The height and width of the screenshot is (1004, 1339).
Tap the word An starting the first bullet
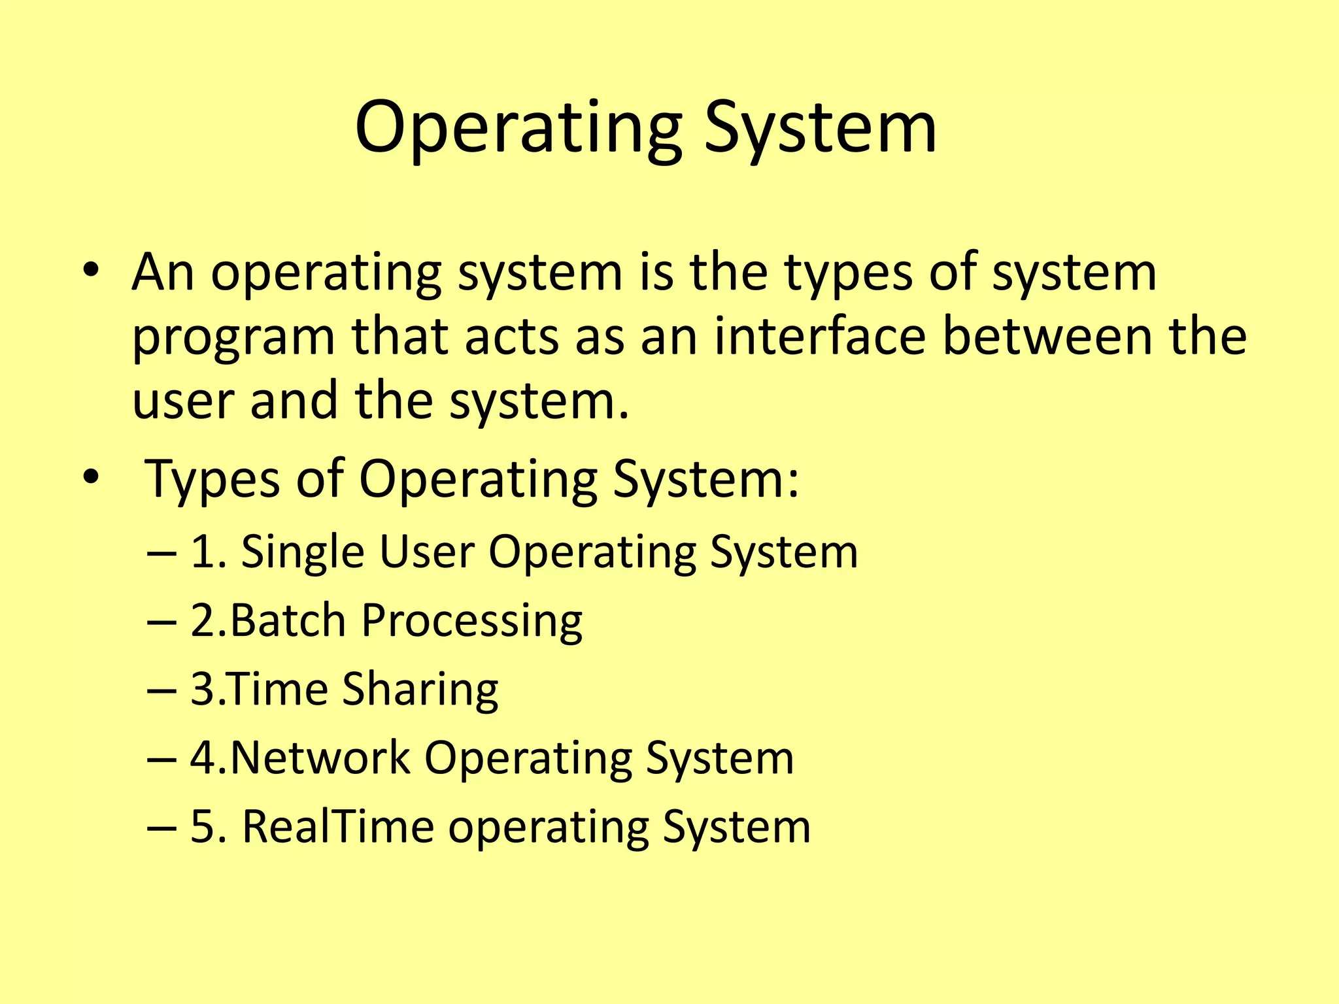pos(163,272)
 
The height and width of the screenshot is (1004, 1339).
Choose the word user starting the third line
pos(182,401)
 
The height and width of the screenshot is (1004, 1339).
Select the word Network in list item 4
pos(320,758)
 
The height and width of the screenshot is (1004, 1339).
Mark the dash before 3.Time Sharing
pos(161,690)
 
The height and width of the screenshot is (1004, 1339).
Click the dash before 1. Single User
pos(161,553)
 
